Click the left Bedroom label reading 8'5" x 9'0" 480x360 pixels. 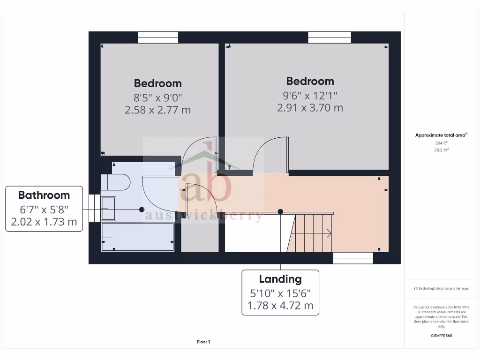pyautogui.click(x=157, y=97)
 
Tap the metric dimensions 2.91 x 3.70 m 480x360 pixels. pyautogui.click(x=310, y=108)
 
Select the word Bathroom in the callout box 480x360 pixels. pyautogui.click(x=44, y=195)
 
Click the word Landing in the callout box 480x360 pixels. pyautogui.click(x=280, y=279)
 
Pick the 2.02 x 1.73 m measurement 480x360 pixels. pyautogui.click(x=44, y=221)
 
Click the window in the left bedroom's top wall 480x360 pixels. pyautogui.click(x=158, y=37)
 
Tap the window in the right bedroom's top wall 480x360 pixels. pyautogui.click(x=330, y=37)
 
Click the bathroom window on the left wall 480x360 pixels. pyautogui.click(x=94, y=208)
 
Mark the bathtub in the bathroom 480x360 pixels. pyautogui.click(x=138, y=237)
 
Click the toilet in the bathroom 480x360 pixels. pyautogui.click(x=117, y=182)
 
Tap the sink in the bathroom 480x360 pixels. pyautogui.click(x=109, y=209)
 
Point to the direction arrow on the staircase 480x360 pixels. pyautogui.click(x=328, y=232)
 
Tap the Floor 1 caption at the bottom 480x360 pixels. pyautogui.click(x=203, y=342)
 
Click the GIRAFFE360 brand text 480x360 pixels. pyautogui.click(x=441, y=336)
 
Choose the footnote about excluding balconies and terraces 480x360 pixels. pyautogui.click(x=441, y=288)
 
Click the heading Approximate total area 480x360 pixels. pyautogui.click(x=441, y=135)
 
